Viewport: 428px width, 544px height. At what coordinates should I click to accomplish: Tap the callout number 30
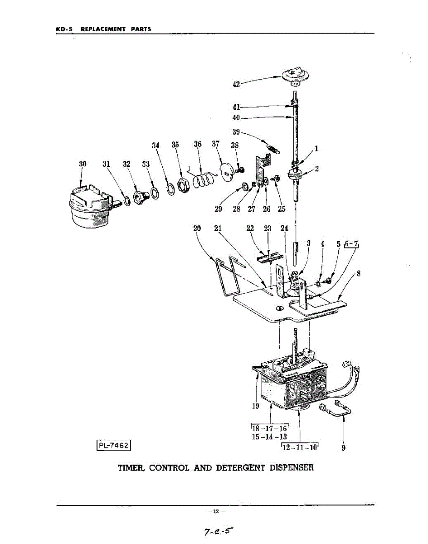pyautogui.click(x=83, y=164)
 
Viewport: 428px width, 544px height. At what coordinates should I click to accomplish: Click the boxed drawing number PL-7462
pyautogui.click(x=114, y=445)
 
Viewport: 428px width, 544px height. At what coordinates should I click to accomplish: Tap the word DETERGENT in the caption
pyautogui.click(x=243, y=467)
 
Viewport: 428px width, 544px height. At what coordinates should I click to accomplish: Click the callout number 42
pyautogui.click(x=236, y=84)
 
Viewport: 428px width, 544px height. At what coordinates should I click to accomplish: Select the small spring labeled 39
pyautogui.click(x=272, y=148)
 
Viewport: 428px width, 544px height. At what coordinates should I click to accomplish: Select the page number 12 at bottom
pyautogui.click(x=216, y=512)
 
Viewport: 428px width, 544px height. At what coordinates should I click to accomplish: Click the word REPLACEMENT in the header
pyautogui.click(x=102, y=29)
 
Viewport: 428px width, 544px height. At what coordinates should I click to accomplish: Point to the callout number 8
pyautogui.click(x=359, y=273)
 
